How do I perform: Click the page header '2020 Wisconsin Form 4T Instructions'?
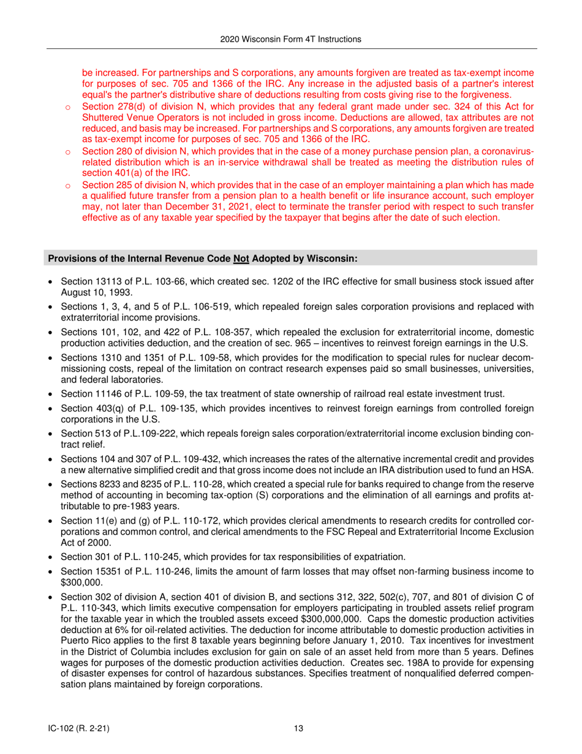tap(291, 39)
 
